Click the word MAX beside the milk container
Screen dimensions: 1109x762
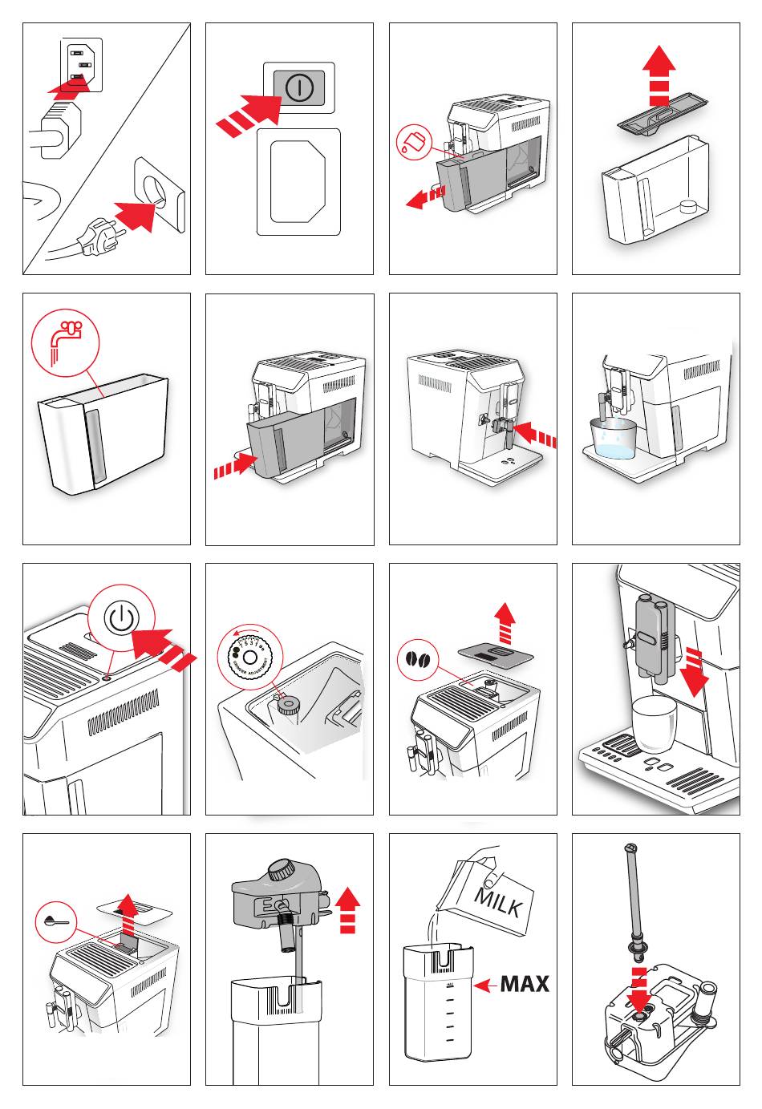525,983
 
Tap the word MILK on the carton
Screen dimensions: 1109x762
499,902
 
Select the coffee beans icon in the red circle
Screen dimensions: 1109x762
418,659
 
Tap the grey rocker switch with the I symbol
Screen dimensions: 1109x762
298,88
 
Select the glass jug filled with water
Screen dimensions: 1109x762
613,438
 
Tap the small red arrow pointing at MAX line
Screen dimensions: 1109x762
484,985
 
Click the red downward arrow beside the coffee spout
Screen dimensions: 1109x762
695,674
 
